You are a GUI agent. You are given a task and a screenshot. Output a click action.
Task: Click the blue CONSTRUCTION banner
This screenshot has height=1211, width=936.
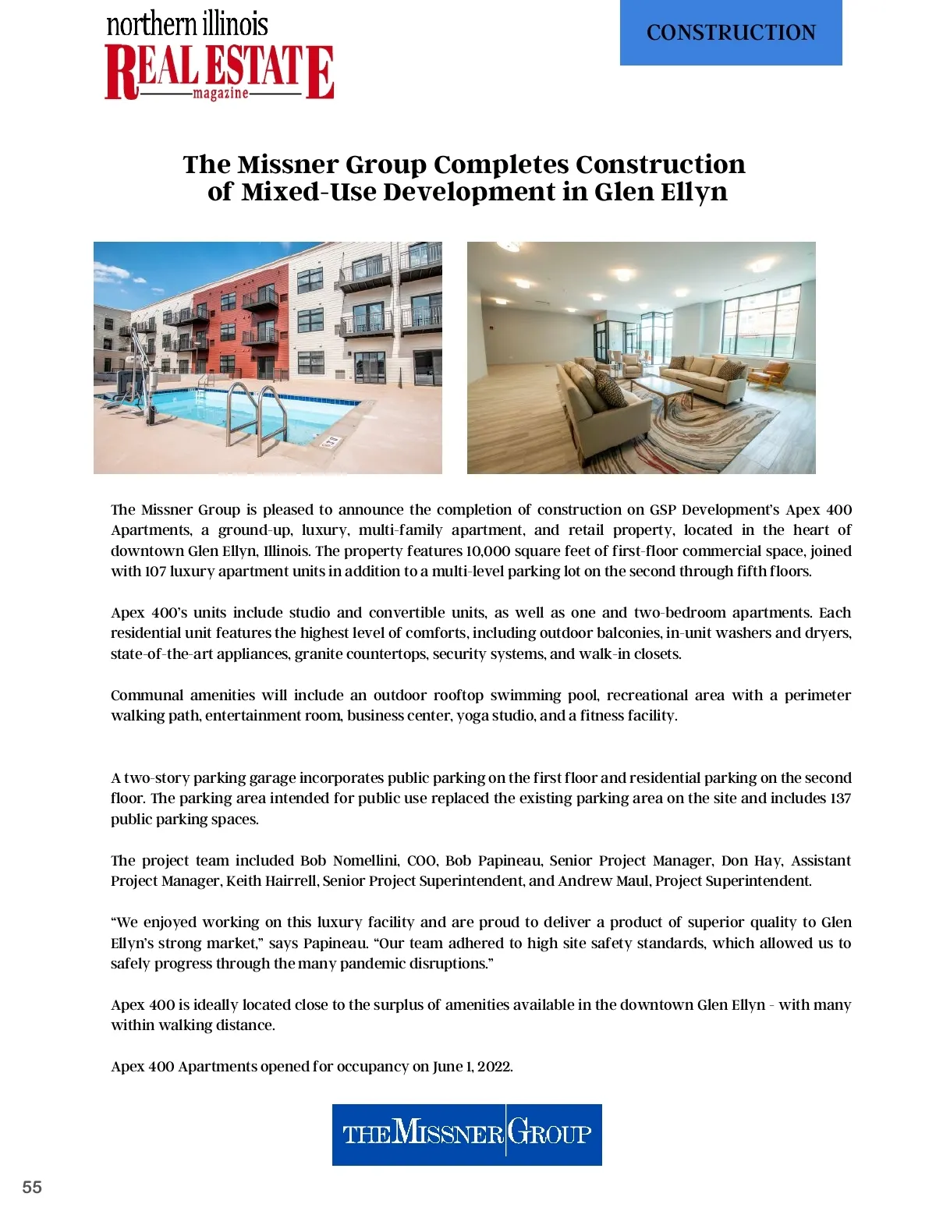coord(731,33)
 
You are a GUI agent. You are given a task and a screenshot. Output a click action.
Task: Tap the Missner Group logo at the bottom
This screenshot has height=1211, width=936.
coord(466,1134)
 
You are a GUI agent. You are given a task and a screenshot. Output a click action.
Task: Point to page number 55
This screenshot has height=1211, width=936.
coord(32,1187)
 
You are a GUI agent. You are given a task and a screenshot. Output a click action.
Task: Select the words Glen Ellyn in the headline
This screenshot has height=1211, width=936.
coord(660,192)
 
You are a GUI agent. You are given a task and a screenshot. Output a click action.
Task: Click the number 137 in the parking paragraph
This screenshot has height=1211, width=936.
coord(840,798)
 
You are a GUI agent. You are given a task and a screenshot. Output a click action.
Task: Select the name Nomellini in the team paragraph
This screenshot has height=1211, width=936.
coord(366,861)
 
